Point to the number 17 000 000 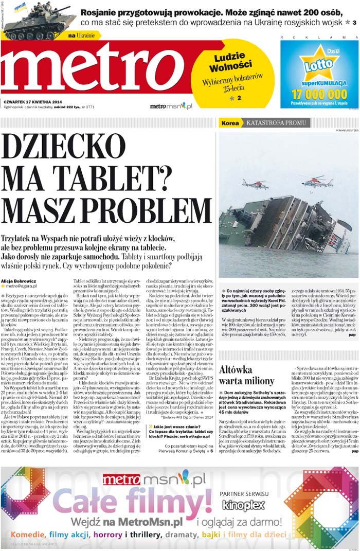(x=319, y=94)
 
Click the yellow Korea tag (x=230, y=123)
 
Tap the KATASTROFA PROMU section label (x=276, y=123)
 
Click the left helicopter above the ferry (x=254, y=183)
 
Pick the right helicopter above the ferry (x=317, y=181)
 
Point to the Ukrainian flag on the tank (x=20, y=7)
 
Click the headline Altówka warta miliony (x=246, y=375)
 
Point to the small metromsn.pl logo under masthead (x=171, y=106)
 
